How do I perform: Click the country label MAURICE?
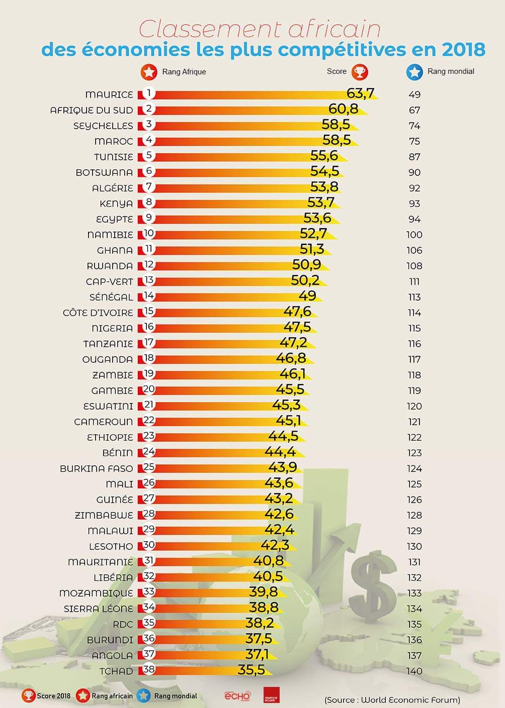tap(109, 94)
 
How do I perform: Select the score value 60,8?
tap(343, 109)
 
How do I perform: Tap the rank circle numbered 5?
tap(149, 156)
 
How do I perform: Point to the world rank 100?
tap(414, 235)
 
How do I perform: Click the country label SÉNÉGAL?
tap(111, 297)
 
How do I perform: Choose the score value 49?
tap(307, 296)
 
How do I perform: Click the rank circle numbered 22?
tap(149, 421)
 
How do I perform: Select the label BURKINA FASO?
tap(97, 468)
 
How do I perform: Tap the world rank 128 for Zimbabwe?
tap(414, 515)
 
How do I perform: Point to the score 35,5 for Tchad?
tap(251, 670)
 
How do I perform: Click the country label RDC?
tap(123, 624)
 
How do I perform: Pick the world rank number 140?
tap(414, 671)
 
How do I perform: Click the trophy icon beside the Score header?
tap(360, 72)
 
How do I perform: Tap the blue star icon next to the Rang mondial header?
tap(414, 72)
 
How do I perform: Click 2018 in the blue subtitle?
tap(463, 50)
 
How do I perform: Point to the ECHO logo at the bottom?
tap(237, 696)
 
